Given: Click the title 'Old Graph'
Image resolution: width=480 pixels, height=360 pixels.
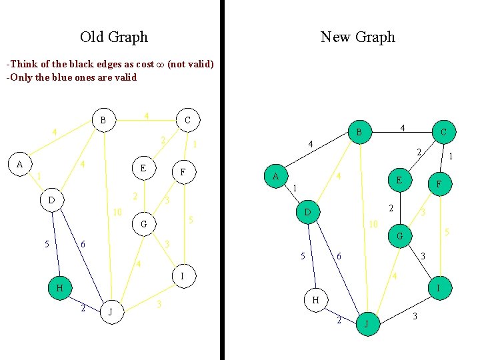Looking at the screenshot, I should [114, 37].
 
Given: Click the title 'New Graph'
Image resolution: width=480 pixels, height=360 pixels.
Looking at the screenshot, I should [357, 37].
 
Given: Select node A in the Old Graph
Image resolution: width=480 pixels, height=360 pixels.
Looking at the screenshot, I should [20, 164].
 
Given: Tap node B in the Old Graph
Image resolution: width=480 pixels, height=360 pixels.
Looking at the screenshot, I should [103, 121].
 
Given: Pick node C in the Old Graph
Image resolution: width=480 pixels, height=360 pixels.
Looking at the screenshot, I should [187, 120].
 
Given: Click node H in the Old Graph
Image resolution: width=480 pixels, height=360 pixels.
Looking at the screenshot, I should [60, 288].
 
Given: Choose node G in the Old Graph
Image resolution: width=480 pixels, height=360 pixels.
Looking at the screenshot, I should [144, 224].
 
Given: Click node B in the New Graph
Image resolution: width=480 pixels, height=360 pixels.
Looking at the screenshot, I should [359, 133].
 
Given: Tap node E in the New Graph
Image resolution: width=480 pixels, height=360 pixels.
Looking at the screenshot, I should [399, 180].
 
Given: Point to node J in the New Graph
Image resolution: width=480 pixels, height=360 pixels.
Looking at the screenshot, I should [367, 324].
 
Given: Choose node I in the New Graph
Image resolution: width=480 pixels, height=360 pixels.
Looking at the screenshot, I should [438, 288].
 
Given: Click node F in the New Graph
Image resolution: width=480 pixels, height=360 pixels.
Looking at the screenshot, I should [438, 185].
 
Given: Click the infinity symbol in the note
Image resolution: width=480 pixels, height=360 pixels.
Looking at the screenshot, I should [159, 64].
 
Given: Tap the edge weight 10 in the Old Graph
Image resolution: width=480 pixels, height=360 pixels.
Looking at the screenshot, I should [117, 213].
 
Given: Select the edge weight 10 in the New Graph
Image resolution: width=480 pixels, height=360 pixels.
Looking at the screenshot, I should [373, 225].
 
